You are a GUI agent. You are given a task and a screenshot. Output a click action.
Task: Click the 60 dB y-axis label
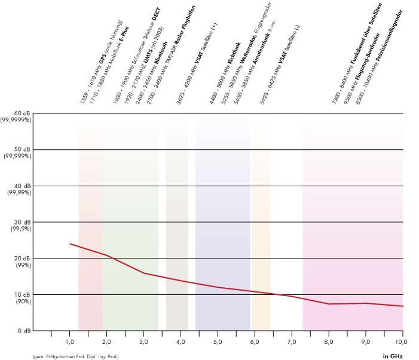[x=22, y=113]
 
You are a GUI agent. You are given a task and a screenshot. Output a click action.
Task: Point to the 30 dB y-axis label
[x=22, y=221]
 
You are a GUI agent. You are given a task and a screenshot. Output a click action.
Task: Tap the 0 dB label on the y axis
[x=23, y=330]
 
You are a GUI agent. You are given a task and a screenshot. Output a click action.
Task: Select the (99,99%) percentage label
[x=19, y=193]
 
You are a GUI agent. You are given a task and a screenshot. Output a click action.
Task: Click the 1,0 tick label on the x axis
[x=69, y=341]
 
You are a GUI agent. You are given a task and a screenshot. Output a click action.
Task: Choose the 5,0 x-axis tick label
[x=218, y=341]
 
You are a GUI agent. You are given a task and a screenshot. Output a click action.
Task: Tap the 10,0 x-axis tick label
[x=402, y=341]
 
